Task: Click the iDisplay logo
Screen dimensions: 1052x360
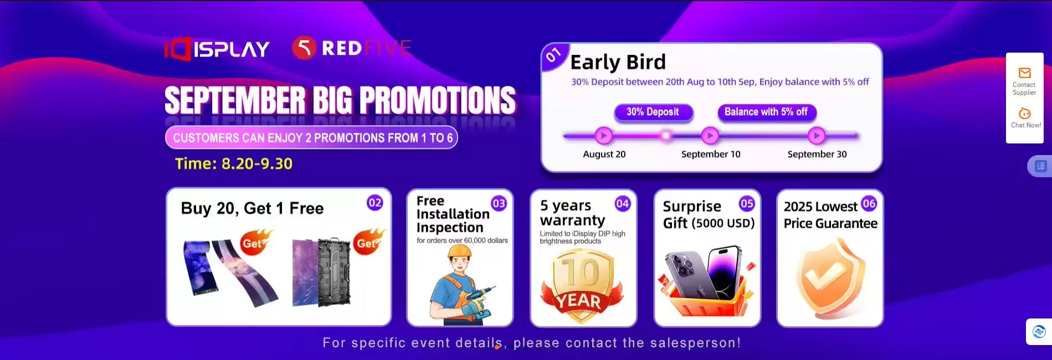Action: point(217,49)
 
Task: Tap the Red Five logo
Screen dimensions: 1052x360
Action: point(352,48)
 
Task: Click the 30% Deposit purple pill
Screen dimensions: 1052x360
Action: point(653,112)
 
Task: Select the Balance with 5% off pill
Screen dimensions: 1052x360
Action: point(766,112)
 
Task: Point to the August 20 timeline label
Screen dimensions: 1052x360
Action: point(604,154)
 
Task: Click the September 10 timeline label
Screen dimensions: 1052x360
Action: point(711,154)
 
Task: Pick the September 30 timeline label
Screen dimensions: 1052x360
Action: point(817,154)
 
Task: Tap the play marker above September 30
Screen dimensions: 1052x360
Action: point(816,135)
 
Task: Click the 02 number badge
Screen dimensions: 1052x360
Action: point(375,203)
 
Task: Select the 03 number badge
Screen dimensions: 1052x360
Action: point(499,203)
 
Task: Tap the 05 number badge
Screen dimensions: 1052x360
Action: point(747,203)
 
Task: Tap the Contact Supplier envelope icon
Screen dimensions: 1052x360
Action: point(1024,73)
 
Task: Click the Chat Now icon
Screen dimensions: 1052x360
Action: point(1025,114)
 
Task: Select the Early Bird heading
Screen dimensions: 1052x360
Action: point(618,62)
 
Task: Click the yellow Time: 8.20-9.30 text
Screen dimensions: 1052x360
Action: point(233,164)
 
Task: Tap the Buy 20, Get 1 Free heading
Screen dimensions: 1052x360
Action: point(252,208)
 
